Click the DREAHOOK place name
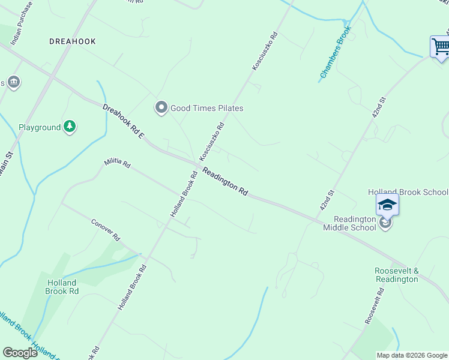pos(72,41)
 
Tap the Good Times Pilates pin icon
pos(161,108)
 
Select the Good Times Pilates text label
pos(207,109)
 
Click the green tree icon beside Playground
pos(70,127)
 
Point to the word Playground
pos(40,127)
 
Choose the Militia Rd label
pos(116,163)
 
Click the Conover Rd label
pos(106,229)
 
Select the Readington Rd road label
pos(224,181)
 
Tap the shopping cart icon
pos(441,47)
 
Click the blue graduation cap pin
pos(387,205)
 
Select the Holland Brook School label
pos(408,192)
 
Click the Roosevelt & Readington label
pos(396,275)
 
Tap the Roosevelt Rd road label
pos(375,306)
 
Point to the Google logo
pos(20,353)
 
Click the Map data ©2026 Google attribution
pos(411,355)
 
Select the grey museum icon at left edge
pos(14,82)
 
